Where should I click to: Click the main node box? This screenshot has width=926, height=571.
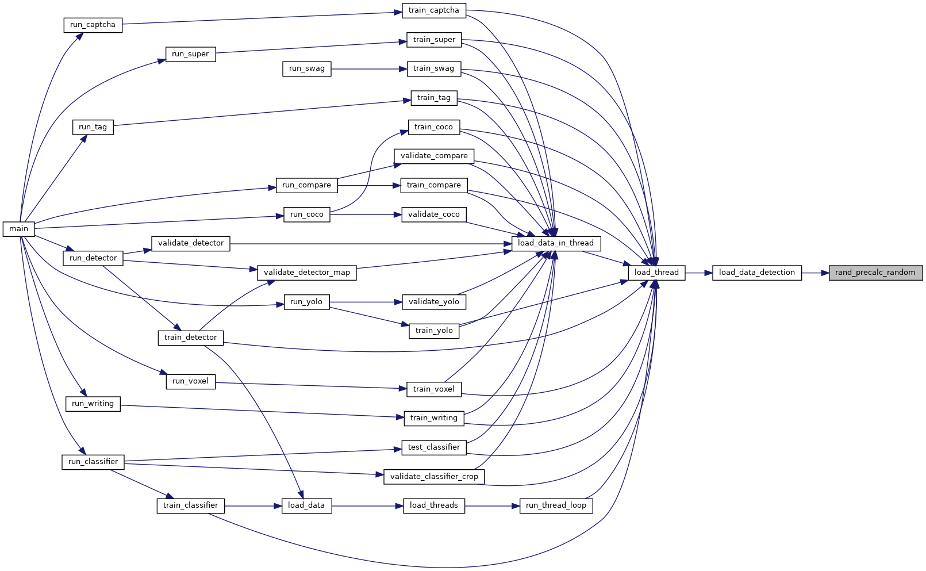pos(18,229)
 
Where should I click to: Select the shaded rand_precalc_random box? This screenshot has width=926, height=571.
pos(875,273)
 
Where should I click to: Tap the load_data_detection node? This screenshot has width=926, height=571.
pos(757,273)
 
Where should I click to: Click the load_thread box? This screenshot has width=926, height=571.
pos(656,273)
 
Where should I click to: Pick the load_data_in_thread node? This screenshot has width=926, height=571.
pos(556,244)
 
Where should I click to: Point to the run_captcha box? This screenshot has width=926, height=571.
pos(93,25)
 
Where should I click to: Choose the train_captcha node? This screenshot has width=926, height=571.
pos(434,11)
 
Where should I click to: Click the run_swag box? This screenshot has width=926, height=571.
pos(307,69)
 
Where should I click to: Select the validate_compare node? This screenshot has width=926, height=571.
pos(434,156)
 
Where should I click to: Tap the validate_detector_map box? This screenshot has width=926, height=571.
pos(307,273)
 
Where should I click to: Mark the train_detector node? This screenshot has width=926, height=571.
pos(191,338)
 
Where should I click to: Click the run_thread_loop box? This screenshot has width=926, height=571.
pos(556,506)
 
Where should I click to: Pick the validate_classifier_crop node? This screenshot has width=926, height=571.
pos(434,477)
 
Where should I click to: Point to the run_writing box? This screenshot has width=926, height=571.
pos(93,404)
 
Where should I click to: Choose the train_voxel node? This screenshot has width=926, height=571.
pos(434,389)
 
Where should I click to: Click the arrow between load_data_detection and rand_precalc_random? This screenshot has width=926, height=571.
pos(815,273)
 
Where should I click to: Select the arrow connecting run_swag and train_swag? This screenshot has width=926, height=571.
pos(369,69)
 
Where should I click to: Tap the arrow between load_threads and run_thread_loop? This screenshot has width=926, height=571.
pos(492,506)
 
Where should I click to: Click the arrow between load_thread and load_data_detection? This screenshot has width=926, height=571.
pos(698,273)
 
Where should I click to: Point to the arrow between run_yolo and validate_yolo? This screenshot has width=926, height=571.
pos(366,302)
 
